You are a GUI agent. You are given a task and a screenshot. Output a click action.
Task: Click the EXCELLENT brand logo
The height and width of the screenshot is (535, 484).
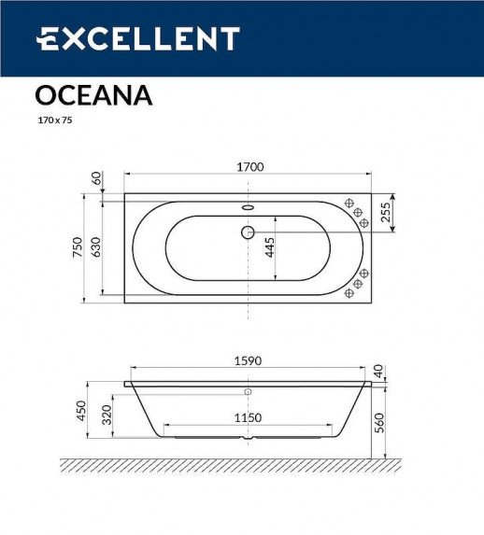(x=137, y=38)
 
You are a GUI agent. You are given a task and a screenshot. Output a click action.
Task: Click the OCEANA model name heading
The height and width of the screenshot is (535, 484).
(x=93, y=95)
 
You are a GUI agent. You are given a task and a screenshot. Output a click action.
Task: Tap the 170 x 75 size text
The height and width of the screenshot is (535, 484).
(x=54, y=120)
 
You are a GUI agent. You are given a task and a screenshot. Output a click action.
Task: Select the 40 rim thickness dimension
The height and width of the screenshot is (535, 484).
(x=378, y=371)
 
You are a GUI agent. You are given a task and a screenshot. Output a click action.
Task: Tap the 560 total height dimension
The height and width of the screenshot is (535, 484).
(x=379, y=422)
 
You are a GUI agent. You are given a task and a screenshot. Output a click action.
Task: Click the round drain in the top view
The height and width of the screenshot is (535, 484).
(x=248, y=231)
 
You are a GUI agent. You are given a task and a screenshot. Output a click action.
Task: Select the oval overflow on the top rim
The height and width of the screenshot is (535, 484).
(x=248, y=208)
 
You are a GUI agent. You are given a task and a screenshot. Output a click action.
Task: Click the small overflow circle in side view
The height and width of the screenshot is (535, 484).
(x=248, y=392)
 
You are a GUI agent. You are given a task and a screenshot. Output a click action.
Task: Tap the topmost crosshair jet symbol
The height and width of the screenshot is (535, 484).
(x=349, y=203)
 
